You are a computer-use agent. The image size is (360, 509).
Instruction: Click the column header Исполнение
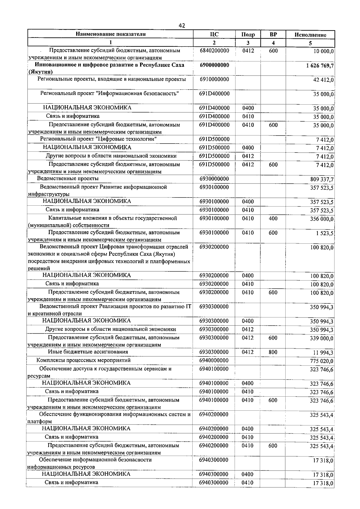click(x=310, y=35)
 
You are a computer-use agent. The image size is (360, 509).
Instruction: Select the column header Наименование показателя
click(x=111, y=34)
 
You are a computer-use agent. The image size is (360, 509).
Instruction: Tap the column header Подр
click(x=248, y=35)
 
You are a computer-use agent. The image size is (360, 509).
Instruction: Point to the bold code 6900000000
click(x=214, y=65)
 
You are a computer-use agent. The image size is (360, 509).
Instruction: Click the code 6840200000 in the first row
click(x=214, y=51)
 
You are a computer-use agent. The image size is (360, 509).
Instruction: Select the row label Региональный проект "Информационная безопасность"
click(x=110, y=93)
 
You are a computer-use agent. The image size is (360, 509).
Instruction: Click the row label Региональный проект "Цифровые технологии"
click(x=98, y=139)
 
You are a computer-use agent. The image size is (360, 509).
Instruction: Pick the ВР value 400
click(x=273, y=219)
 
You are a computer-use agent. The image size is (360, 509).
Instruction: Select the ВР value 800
click(x=273, y=352)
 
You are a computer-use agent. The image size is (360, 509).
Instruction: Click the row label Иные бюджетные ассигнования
click(x=88, y=352)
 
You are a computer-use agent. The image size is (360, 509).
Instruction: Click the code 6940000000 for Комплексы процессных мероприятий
click(x=214, y=360)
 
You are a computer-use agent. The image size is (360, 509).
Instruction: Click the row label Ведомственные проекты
click(x=68, y=179)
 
